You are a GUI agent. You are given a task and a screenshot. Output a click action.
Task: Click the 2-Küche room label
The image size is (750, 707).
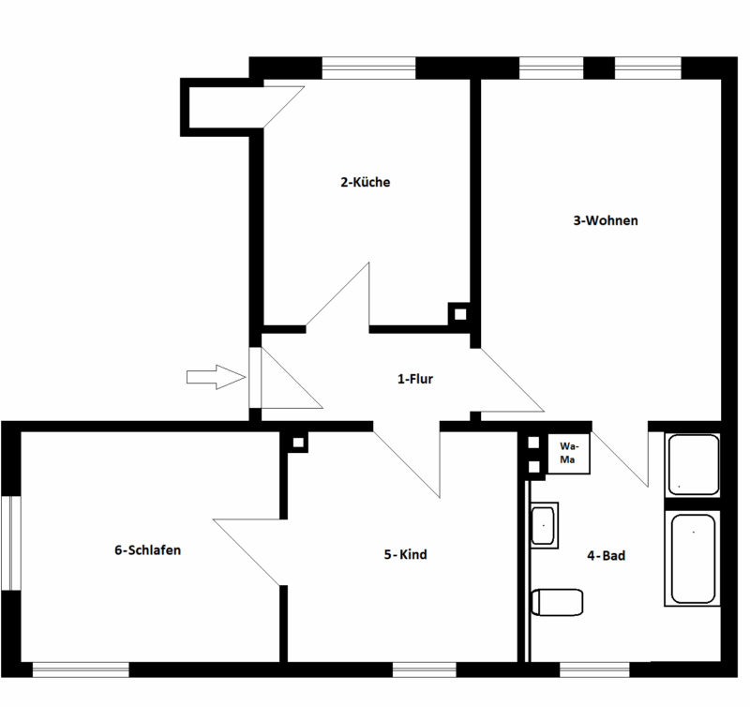pyautogui.click(x=365, y=183)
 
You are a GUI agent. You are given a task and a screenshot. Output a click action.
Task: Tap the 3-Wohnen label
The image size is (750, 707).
pyautogui.click(x=606, y=221)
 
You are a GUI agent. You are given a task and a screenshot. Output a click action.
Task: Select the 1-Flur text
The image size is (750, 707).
pyautogui.click(x=414, y=380)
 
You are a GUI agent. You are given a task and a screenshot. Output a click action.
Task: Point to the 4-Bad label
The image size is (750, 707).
pyautogui.click(x=606, y=555)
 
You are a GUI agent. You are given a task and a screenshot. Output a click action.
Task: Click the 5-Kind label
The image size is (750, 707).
pyautogui.click(x=405, y=554)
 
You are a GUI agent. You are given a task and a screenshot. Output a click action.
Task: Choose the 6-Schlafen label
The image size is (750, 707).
pyautogui.click(x=147, y=550)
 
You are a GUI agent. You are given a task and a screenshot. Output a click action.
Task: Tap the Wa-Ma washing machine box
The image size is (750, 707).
pyautogui.click(x=568, y=454)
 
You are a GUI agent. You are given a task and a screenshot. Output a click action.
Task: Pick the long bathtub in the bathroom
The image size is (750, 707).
pyautogui.click(x=693, y=559)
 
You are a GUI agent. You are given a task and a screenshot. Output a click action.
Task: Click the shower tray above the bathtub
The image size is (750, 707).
pyautogui.click(x=693, y=464)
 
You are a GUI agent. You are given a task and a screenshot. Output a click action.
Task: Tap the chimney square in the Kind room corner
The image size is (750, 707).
pyautogui.click(x=298, y=442)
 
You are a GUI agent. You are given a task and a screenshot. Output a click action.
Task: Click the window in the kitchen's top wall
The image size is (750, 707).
pyautogui.click(x=368, y=68)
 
